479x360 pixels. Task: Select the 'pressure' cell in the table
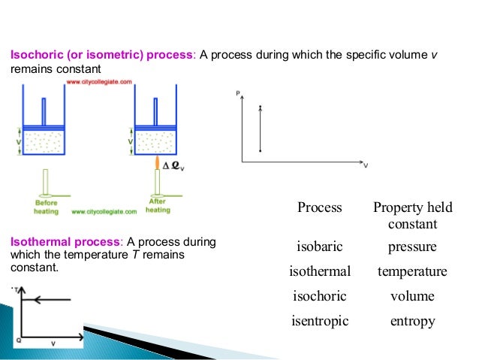(412, 247)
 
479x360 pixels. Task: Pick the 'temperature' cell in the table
(412, 271)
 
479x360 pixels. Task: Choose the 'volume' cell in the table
(412, 296)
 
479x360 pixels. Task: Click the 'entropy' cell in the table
(412, 321)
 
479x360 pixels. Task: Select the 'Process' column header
(320, 207)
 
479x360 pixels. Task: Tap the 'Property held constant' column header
(412, 216)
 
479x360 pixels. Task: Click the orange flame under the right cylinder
(156, 164)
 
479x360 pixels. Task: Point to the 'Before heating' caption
(46, 206)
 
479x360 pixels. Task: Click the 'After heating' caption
(158, 206)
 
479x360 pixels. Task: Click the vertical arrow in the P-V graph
(260, 129)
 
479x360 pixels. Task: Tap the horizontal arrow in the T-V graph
(48, 299)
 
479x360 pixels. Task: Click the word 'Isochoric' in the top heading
(33, 55)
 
